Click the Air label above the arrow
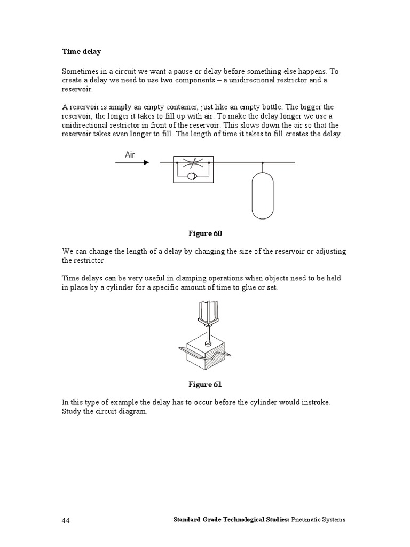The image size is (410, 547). pos(130,154)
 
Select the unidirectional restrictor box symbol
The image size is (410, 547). pos(193,169)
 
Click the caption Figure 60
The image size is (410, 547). pos(205,233)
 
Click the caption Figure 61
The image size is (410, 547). pos(205,384)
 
